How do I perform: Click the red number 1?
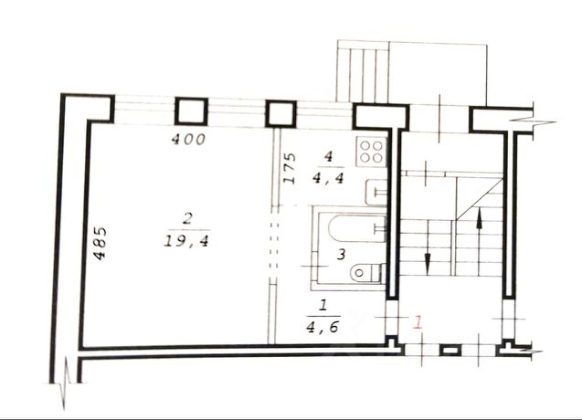[x=418, y=321]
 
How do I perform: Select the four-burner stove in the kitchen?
[x=371, y=152]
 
